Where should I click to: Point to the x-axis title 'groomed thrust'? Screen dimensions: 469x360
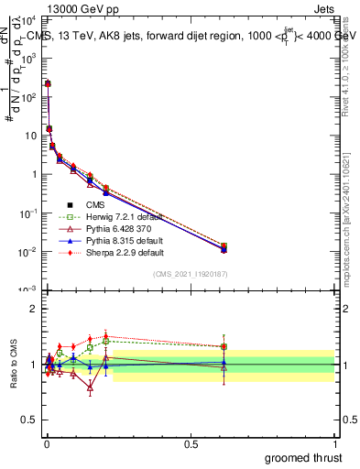[303, 457]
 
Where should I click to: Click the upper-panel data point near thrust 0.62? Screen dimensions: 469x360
[224, 248]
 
